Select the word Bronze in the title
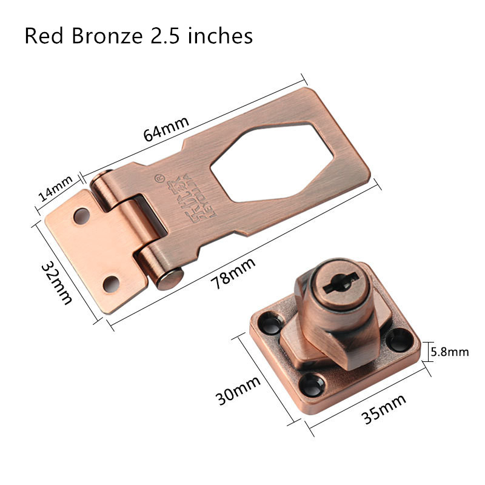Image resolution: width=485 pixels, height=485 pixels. tap(105, 36)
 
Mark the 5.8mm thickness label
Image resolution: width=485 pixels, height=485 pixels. tap(449, 351)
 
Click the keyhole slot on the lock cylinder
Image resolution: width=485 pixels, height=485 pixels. tap(335, 284)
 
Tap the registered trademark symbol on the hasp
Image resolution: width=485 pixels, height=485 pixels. tap(159, 178)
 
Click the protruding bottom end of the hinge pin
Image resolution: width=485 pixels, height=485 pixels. tap(170, 280)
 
